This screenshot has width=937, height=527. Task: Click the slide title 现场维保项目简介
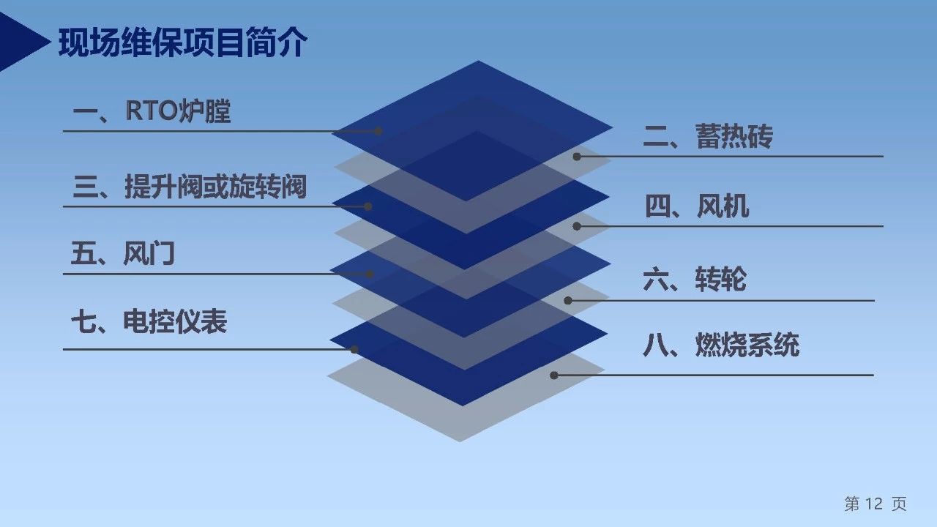[x=183, y=42]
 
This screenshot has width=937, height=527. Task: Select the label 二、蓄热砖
[x=708, y=136]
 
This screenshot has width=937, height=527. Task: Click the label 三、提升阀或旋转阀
[x=190, y=186]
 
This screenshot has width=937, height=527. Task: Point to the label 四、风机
[x=697, y=206]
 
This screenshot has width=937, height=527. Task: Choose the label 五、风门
[x=122, y=253]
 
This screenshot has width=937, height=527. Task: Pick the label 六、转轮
[x=695, y=279]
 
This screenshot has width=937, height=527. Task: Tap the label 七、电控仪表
[x=149, y=321]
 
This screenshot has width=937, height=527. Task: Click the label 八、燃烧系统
[x=721, y=345]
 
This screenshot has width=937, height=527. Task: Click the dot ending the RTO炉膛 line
[x=378, y=131]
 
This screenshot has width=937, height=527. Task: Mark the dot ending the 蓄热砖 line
[x=577, y=157]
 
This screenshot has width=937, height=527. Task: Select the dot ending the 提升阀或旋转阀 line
[x=368, y=206]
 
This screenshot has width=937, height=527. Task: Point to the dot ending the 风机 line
[x=577, y=226]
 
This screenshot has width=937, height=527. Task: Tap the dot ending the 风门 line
[x=370, y=274]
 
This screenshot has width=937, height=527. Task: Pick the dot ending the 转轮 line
[x=567, y=301]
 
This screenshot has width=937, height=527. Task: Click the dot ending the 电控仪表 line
[x=354, y=350]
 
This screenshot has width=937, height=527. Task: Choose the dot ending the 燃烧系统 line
[x=554, y=375]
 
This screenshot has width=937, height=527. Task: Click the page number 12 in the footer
[x=874, y=504]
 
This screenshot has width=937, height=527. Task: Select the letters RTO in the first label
[x=152, y=111]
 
